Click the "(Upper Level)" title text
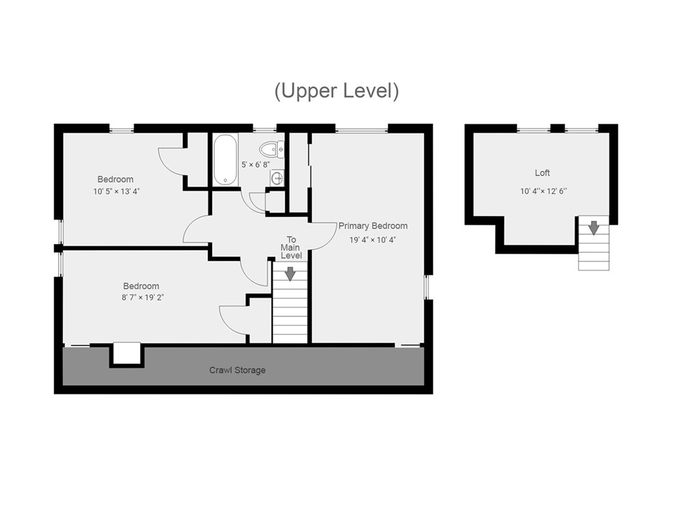[x=336, y=91]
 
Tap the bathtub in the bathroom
[x=225, y=159]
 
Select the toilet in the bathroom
[x=272, y=150]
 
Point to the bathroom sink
[x=277, y=177]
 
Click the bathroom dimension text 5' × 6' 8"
[x=255, y=165]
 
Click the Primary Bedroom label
[x=373, y=226]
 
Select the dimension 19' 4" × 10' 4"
[x=373, y=240]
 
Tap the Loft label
[x=542, y=173]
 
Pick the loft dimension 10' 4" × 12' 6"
[x=543, y=191]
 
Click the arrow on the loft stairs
[x=594, y=228]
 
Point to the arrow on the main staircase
[x=291, y=274]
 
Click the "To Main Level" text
[x=291, y=247]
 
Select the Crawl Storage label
[x=237, y=370]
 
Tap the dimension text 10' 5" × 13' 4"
[x=117, y=191]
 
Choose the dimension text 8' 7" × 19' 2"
[x=143, y=297]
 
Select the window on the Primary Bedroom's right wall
[x=427, y=287]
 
